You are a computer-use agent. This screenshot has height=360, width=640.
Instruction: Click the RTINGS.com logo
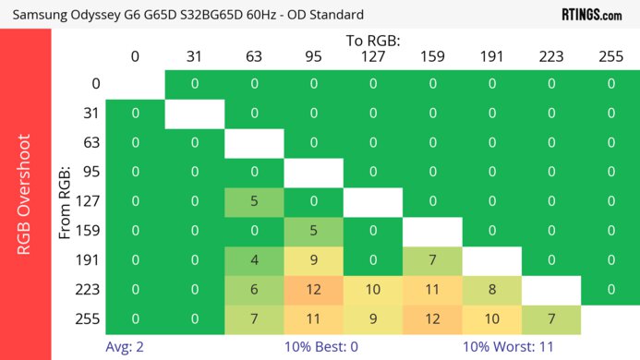point(591,14)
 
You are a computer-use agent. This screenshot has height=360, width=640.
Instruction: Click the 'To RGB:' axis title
point(373,41)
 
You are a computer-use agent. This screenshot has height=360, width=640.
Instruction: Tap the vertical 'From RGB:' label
point(66,202)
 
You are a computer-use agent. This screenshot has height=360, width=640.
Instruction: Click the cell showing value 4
point(254,260)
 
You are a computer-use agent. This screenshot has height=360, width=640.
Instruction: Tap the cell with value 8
point(492,289)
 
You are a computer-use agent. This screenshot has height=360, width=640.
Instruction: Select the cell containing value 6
point(254,289)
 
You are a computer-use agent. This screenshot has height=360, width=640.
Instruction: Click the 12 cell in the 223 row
point(313,289)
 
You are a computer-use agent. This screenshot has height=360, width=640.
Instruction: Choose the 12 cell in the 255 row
point(432,318)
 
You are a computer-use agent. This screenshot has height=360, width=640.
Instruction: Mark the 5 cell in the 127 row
point(254,201)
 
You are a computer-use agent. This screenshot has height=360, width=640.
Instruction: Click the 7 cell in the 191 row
point(432,260)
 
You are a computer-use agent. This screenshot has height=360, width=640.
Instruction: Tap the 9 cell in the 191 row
point(313,260)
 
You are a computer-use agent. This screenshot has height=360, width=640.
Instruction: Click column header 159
point(432,56)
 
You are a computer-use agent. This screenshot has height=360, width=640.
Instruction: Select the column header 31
point(194,56)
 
